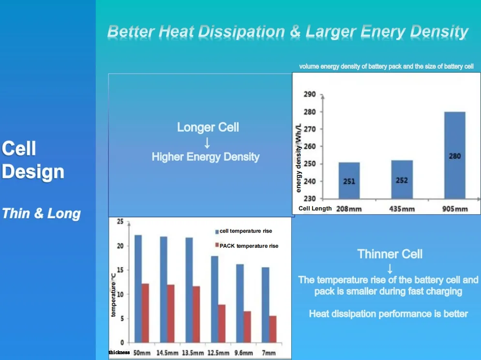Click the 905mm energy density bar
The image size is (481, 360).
tap(454, 155)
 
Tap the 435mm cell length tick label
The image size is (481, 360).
tap(402, 209)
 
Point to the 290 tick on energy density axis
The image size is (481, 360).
tap(310, 94)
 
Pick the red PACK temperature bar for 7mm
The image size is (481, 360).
tap(273, 329)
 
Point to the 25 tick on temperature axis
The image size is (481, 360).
tap(120, 222)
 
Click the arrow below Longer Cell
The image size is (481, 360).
tap(207, 143)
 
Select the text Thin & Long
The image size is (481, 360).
tap(42, 213)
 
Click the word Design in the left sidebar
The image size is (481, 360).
tap(33, 172)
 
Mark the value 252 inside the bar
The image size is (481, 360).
tap(402, 180)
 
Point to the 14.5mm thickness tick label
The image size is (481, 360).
tap(167, 353)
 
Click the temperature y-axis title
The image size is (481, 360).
tap(114, 295)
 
